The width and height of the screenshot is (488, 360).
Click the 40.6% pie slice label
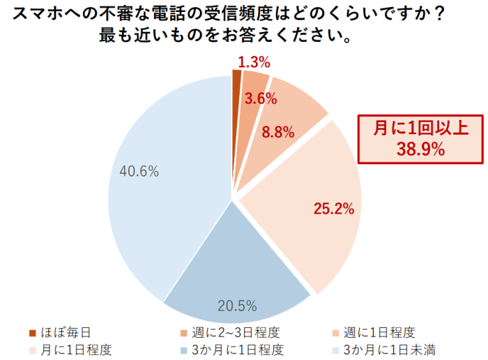[139, 170]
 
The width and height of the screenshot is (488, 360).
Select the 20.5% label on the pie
[237, 306]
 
